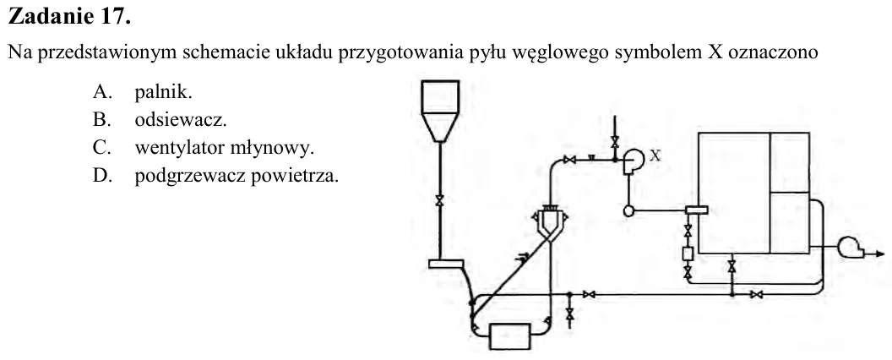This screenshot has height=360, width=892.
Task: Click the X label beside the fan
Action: [655, 155]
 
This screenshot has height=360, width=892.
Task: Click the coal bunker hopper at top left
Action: [440, 111]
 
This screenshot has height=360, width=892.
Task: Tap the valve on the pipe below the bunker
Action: [439, 201]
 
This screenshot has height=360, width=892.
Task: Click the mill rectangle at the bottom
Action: [509, 336]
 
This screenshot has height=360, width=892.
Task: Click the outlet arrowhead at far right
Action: [880, 254]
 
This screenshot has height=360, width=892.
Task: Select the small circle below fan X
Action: [628, 211]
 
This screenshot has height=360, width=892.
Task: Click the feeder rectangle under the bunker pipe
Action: [447, 264]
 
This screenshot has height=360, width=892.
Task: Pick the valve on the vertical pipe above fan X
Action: [614, 141]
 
